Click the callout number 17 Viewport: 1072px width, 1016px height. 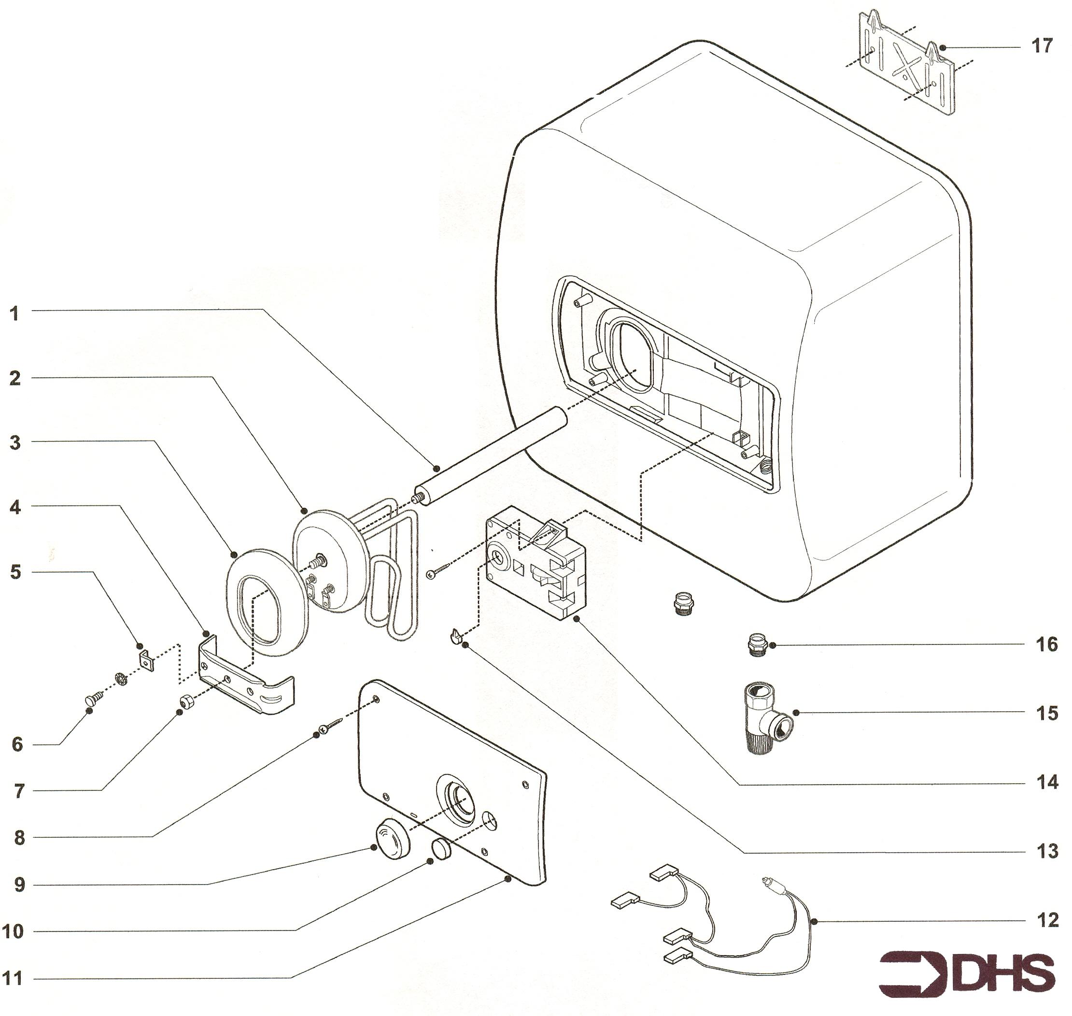point(1042,46)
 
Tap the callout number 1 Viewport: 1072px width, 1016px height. point(14,314)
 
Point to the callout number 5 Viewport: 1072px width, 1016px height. point(16,572)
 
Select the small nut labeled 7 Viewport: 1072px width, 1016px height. point(187,702)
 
